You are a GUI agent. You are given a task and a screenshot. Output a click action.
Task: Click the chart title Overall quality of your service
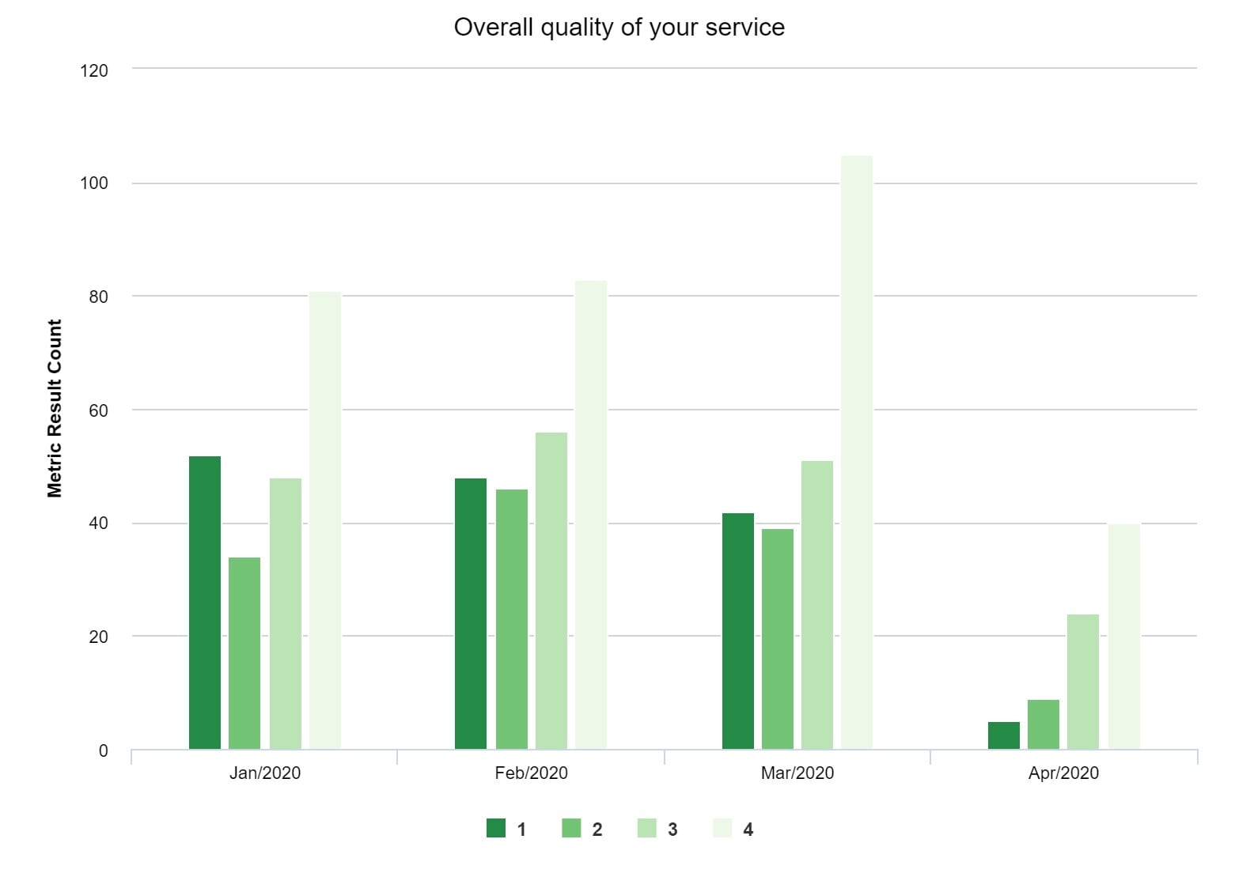(619, 28)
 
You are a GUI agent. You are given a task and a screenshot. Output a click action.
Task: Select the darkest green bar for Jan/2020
(205, 603)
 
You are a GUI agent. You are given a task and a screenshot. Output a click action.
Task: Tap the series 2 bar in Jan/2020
(244, 653)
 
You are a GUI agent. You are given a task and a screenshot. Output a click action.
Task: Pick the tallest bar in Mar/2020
(857, 452)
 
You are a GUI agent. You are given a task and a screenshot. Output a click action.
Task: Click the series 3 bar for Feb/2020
(551, 591)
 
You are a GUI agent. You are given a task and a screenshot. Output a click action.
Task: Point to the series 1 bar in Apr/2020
(1004, 735)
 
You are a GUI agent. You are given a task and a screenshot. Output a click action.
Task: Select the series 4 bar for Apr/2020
(1124, 637)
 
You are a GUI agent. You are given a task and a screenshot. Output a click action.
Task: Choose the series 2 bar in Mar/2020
(778, 639)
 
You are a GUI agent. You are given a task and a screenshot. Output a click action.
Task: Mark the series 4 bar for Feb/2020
(591, 515)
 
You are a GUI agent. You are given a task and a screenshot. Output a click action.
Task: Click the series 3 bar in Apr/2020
(1083, 682)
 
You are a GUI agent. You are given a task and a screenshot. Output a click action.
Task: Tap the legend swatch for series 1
(496, 828)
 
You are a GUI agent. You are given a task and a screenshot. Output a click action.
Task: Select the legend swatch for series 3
(647, 828)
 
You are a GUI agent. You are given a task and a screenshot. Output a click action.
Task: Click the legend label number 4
(748, 830)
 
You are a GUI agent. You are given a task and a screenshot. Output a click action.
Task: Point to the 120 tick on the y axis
(94, 70)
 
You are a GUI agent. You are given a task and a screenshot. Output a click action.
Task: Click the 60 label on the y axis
(98, 410)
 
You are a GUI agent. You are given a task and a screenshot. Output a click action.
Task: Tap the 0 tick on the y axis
(103, 750)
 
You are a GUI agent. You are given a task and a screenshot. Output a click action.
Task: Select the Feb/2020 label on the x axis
(531, 773)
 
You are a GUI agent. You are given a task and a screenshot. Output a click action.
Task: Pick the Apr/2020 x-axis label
(1063, 773)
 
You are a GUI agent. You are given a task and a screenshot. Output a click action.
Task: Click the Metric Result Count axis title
(55, 408)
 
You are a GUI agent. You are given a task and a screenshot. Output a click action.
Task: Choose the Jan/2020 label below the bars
(265, 773)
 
